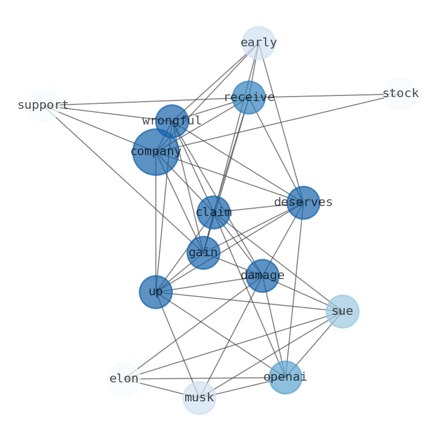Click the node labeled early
[x=258, y=42]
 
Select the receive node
[x=248, y=97]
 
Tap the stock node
[x=400, y=94]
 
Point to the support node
[x=43, y=105]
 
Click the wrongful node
[x=172, y=121]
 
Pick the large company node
[x=156, y=152]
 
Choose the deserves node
[x=303, y=203]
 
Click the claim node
[x=214, y=212]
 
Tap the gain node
[x=203, y=252]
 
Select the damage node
[x=262, y=276]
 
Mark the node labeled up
[x=156, y=292]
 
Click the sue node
[x=342, y=311]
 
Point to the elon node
[x=124, y=378]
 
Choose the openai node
[x=285, y=377]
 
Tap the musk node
[x=199, y=398]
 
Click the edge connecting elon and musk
[x=162, y=389]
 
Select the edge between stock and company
[x=279, y=122]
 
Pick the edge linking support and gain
[x=123, y=179]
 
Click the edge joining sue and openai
[x=314, y=344]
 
